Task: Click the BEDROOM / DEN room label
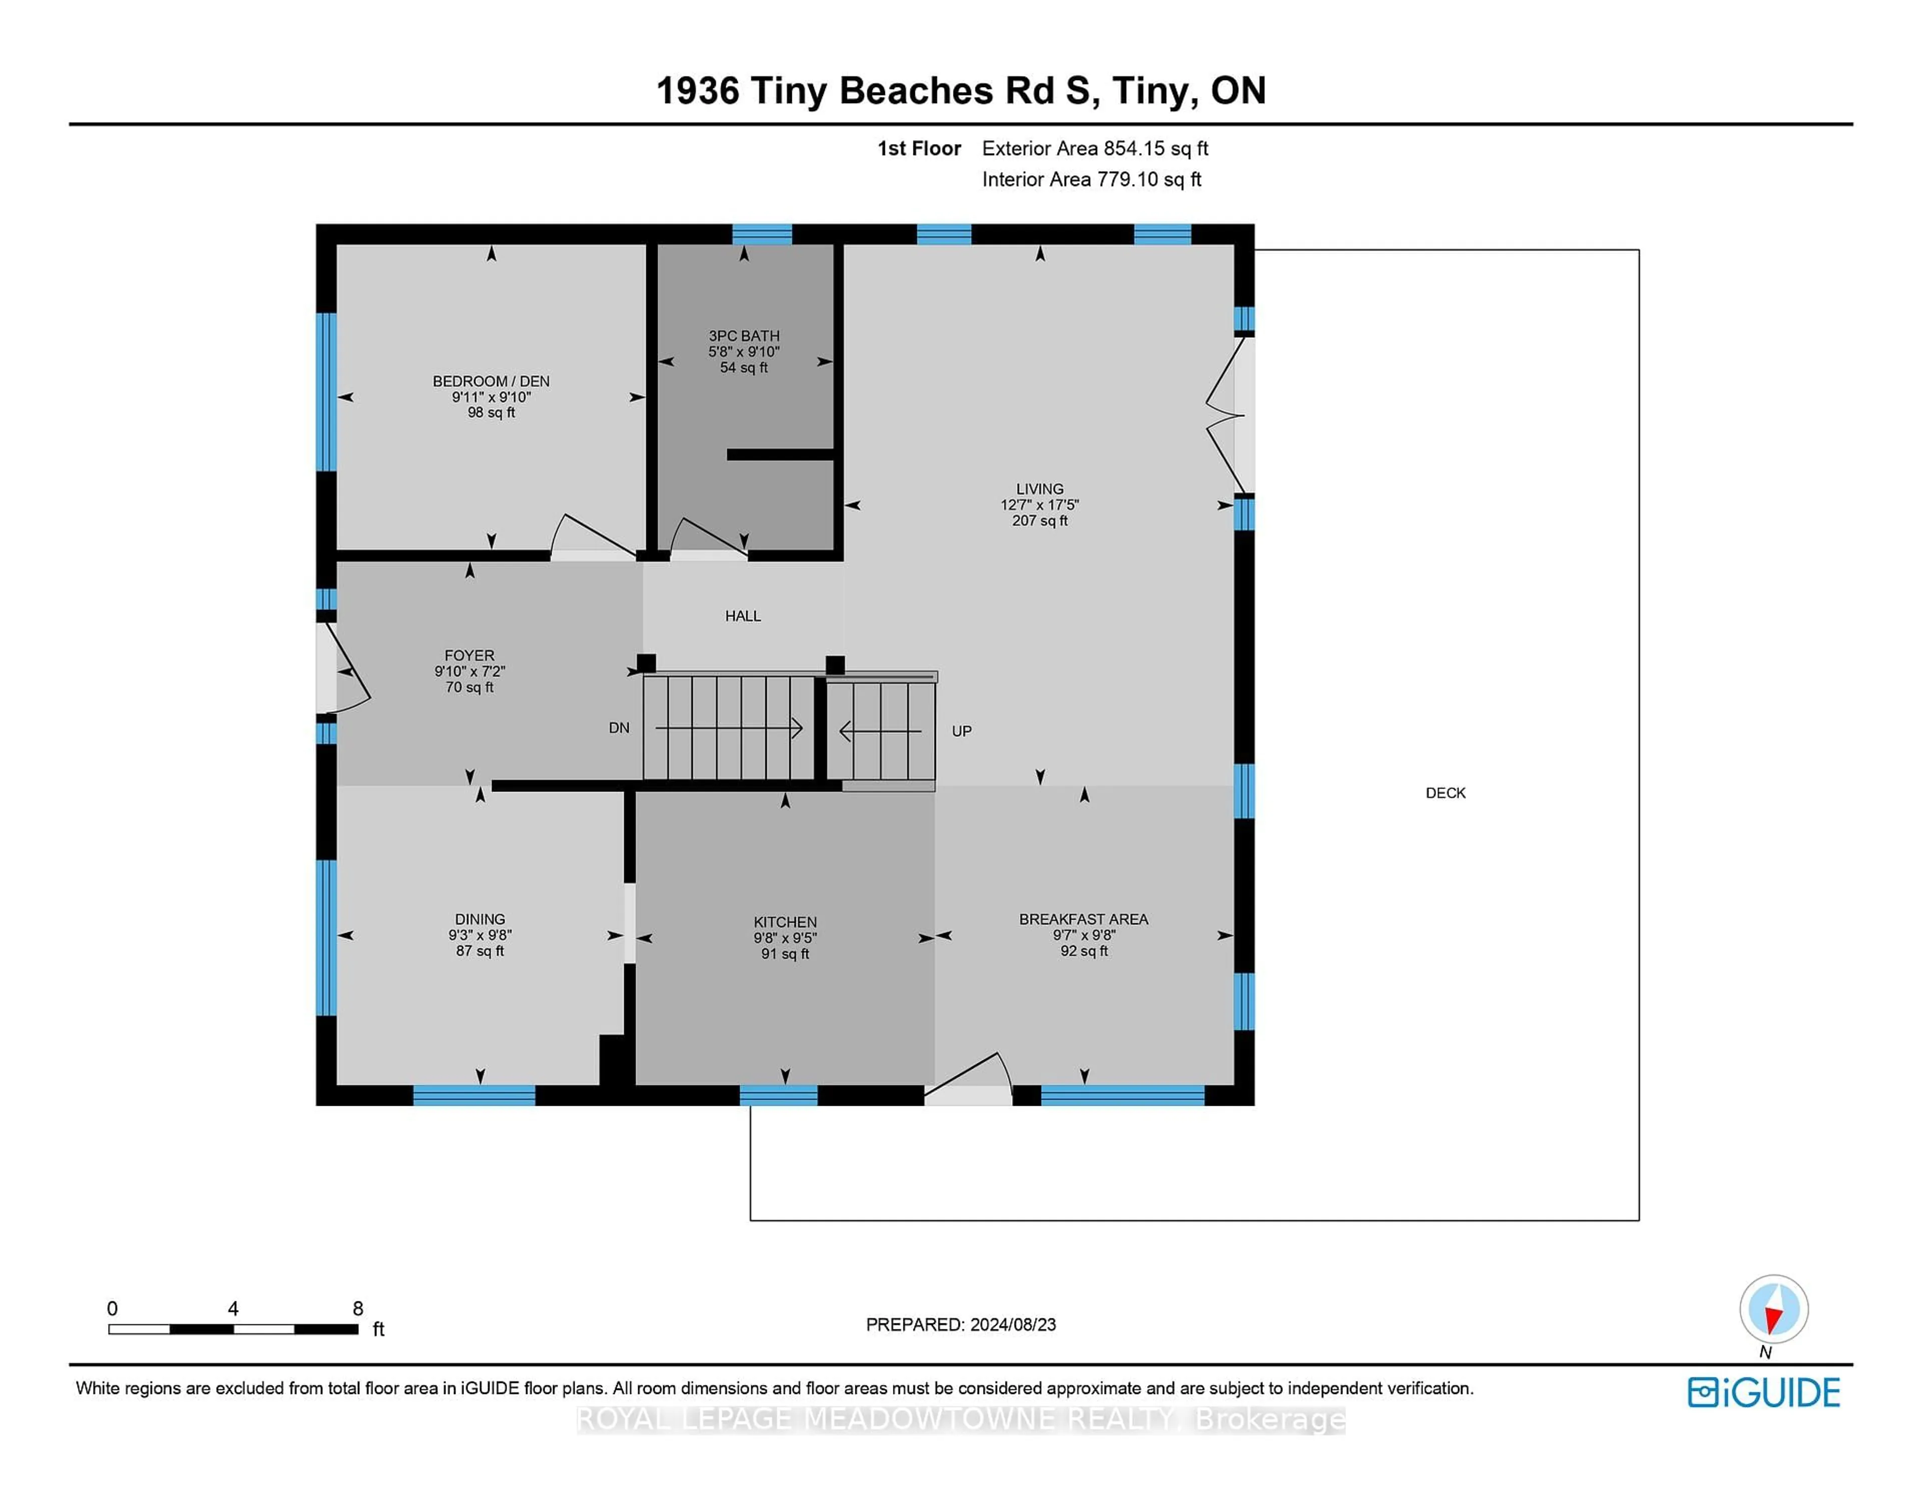[491, 381]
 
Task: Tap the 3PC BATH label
[744, 335]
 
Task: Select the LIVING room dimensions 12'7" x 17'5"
[1039, 505]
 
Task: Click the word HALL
[743, 616]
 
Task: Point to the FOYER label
[469, 655]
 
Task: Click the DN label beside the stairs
[619, 727]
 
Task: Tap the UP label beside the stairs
[961, 731]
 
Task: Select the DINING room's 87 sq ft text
[479, 951]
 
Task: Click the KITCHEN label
[785, 922]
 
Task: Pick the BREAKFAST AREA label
[1083, 919]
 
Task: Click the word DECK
[1445, 793]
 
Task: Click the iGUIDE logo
[1764, 1392]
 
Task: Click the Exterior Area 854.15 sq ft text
[1095, 149]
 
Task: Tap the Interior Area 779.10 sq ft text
[1091, 180]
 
